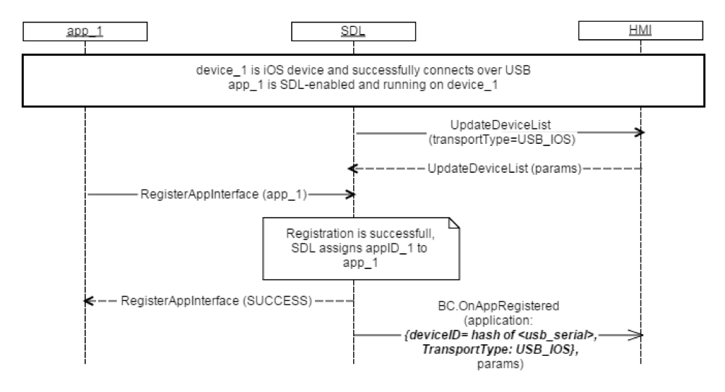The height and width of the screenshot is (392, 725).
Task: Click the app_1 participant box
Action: point(84,31)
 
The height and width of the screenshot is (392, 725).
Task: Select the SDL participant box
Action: point(353,31)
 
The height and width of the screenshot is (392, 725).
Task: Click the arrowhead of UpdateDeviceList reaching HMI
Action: point(639,133)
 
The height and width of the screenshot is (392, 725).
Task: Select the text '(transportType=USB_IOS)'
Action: point(496,140)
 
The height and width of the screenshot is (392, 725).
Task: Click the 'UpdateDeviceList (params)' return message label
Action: point(504,168)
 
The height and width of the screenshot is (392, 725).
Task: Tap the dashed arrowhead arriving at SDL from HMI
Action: point(352,169)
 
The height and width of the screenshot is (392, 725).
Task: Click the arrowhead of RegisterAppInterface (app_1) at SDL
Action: point(350,195)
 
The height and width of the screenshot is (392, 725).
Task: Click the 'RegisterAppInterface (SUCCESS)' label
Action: point(217,300)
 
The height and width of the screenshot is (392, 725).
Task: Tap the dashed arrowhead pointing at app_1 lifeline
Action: point(88,300)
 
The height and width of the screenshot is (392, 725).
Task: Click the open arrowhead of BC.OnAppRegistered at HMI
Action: point(638,334)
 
